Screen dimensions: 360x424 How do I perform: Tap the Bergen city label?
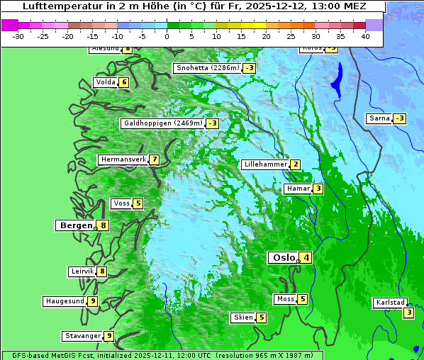pos(76,225)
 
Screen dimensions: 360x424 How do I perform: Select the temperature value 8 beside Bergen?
pos(104,225)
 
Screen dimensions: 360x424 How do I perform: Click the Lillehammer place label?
pos(265,164)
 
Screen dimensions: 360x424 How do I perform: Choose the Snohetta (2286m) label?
pos(208,68)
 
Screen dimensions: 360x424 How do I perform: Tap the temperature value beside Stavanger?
pos(108,336)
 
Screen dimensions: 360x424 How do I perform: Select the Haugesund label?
pos(65,301)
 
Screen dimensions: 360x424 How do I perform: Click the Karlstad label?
pos(391,303)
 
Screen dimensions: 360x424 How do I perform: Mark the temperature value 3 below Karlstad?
pos(408,313)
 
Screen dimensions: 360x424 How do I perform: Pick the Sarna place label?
pos(379,118)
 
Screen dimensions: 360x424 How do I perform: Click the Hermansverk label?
pos(123,159)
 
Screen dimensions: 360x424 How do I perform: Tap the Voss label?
pos(121,203)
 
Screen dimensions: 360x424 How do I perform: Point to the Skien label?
pos(243,317)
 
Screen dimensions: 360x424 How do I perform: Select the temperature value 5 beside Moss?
pos(302,299)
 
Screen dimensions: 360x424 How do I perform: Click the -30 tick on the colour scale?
pos(18,35)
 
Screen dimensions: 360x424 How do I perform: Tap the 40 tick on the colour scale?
pos(365,35)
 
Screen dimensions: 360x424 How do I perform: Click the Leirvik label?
pos(82,271)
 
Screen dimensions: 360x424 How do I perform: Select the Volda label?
pos(105,82)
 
